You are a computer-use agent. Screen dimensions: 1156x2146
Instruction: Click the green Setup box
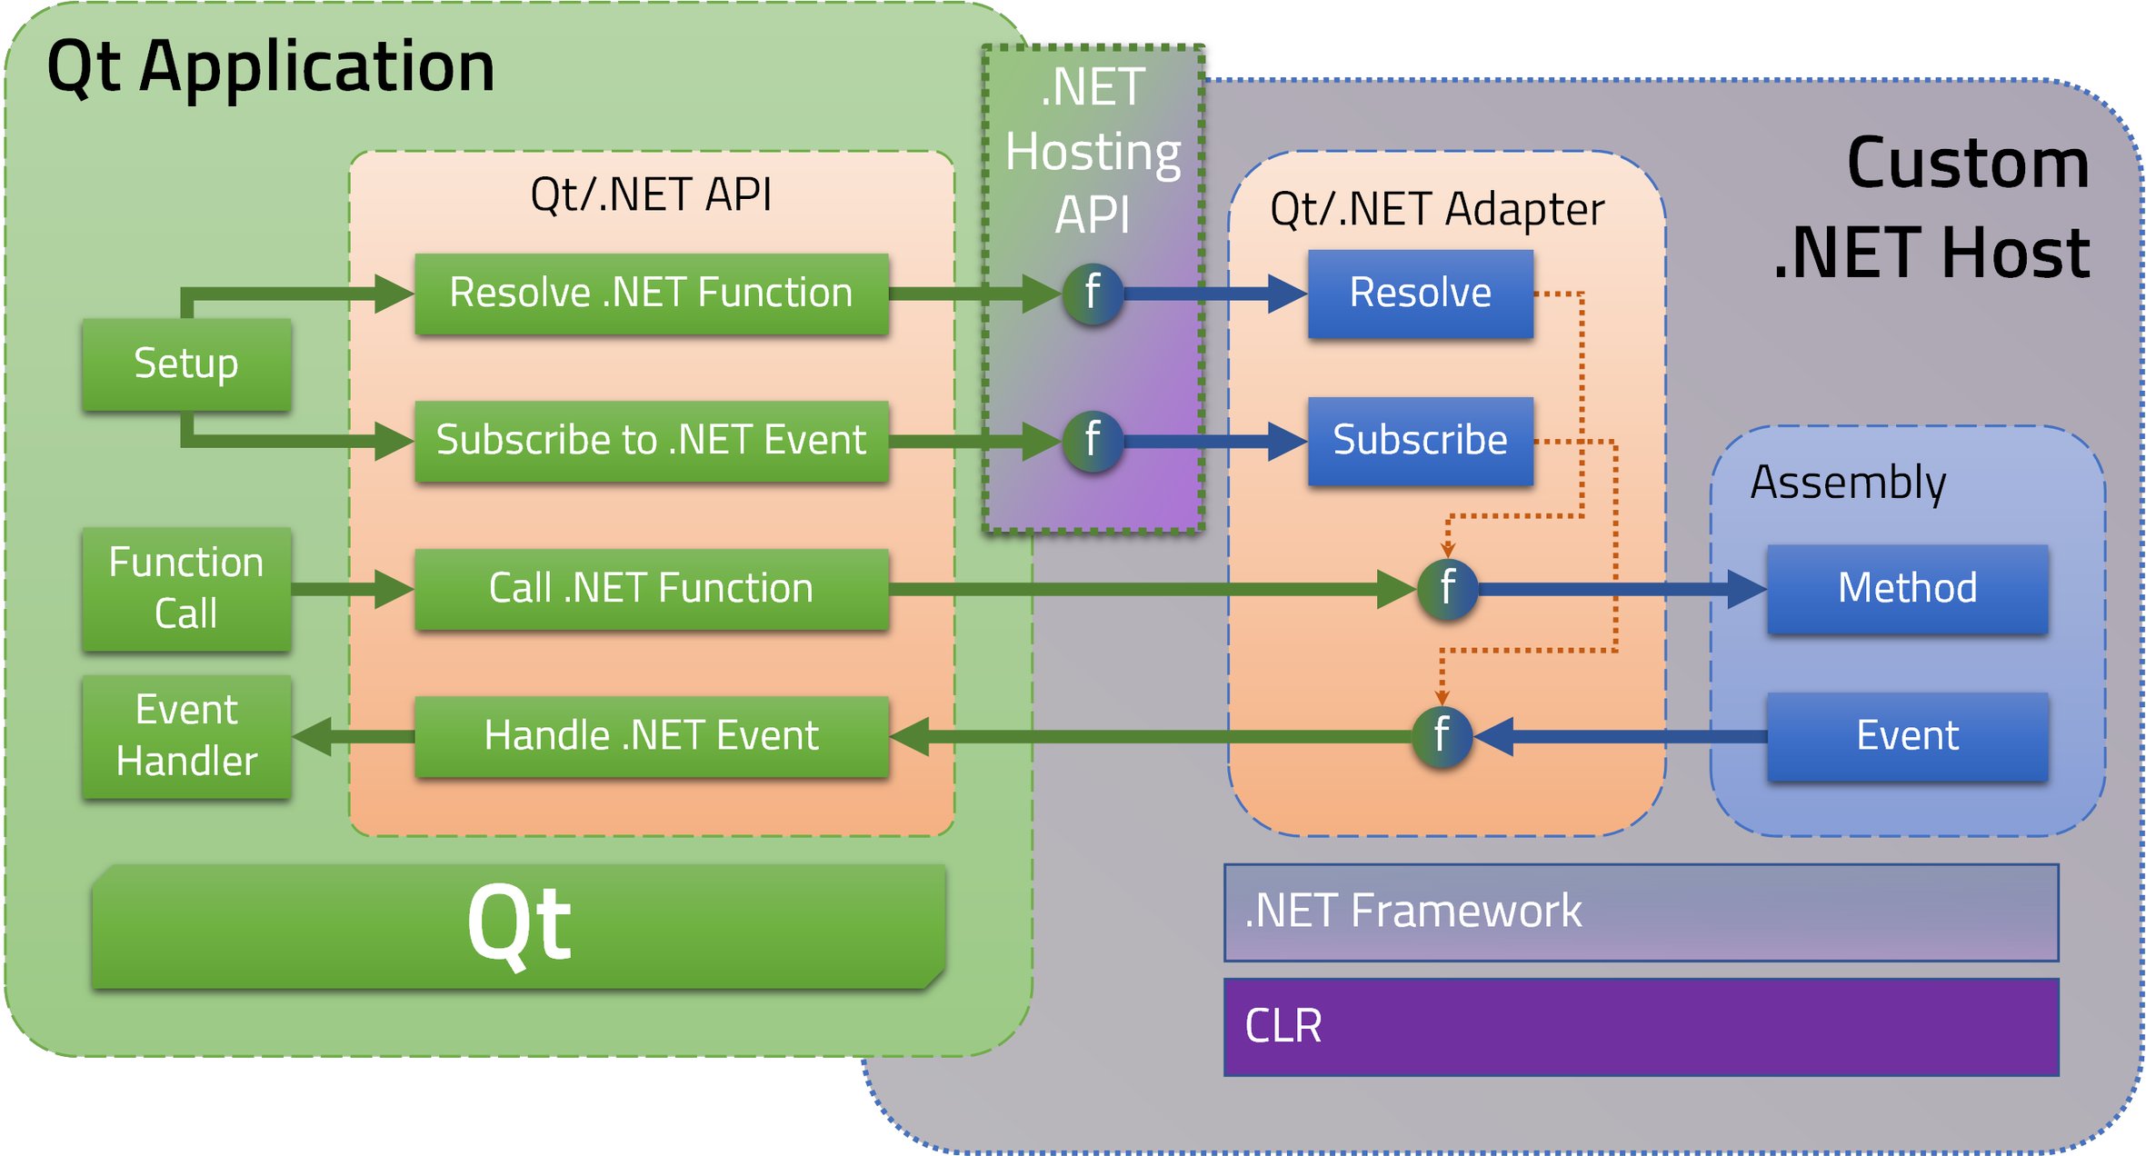[x=186, y=364]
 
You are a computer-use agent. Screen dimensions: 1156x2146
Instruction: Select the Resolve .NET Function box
[x=651, y=294]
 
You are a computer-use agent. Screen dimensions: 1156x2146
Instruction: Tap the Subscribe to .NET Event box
[x=651, y=441]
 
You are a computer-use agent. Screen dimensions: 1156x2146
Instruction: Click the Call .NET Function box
[x=651, y=588]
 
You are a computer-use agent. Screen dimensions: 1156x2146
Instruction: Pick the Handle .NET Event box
[x=651, y=735]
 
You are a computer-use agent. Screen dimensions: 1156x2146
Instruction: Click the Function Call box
[x=186, y=588]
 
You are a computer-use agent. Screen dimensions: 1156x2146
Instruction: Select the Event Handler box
[x=186, y=735]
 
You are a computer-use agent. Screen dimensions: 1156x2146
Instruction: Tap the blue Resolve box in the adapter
[x=1420, y=294]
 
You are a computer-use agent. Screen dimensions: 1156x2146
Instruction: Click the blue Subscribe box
[x=1420, y=441]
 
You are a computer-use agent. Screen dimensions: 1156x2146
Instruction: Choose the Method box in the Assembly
[x=1907, y=588]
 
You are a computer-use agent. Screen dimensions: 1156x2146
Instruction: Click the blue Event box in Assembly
[x=1907, y=735]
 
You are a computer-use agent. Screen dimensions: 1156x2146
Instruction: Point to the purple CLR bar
[x=1641, y=1026]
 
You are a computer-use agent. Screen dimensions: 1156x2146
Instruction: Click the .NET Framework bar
[x=1641, y=912]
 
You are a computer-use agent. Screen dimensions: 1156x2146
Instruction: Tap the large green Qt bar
[x=518, y=925]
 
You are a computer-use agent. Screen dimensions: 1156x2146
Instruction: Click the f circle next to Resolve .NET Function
[x=1093, y=294]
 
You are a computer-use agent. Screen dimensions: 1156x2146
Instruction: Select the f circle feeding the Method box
[x=1447, y=588]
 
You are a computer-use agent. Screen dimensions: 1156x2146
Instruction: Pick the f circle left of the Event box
[x=1442, y=735]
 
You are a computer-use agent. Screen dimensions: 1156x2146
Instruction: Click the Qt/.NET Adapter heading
[x=1437, y=209]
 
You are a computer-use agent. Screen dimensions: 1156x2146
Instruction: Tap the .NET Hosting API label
[x=1093, y=151]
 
